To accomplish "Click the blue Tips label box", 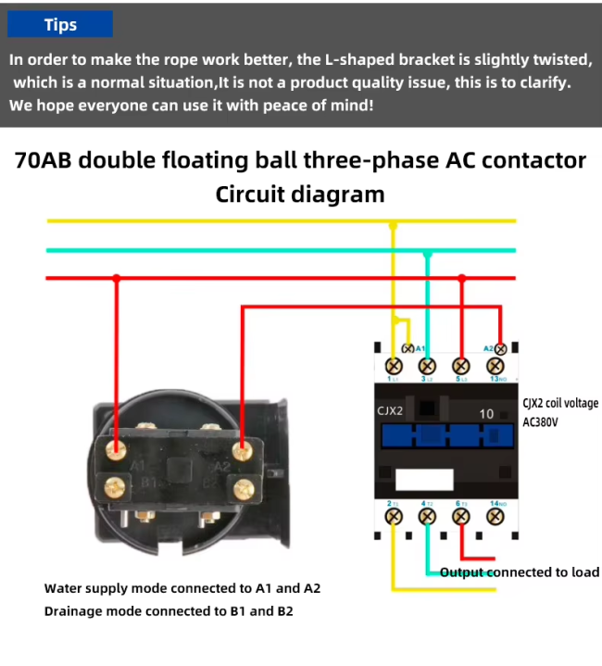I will (61, 25).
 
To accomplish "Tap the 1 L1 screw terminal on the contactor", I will (393, 365).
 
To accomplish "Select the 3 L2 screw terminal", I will (427, 365).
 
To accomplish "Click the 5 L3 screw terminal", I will (461, 365).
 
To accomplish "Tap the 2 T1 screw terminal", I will (393, 516).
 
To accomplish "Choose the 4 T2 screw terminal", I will (427, 516).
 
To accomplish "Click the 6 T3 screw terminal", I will (461, 516).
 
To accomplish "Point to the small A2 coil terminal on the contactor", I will (501, 348).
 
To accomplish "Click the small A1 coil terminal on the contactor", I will (408, 348).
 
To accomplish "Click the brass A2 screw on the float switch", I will (243, 450).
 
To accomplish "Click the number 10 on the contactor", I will (486, 414).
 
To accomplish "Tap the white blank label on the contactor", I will (424, 479).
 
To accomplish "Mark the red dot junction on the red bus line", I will (116, 278).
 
